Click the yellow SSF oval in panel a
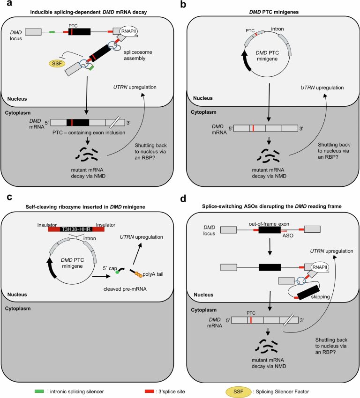coord(57,63)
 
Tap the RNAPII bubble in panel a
coord(129,31)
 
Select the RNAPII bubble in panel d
coord(320,267)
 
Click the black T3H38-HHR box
coord(76,229)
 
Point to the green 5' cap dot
coord(117,272)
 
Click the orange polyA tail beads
coord(138,275)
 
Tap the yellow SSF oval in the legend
coord(238,391)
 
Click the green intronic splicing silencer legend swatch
coord(39,391)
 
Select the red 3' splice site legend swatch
coord(150,391)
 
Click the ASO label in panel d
coord(288,236)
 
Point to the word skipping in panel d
coord(320,297)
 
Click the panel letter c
coord(9,197)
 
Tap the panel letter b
coord(183,4)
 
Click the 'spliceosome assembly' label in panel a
coord(138,55)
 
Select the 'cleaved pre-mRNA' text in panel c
coord(125,289)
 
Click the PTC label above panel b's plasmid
coord(250,30)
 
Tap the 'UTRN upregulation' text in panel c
coord(141,237)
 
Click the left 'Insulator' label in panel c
coord(47,225)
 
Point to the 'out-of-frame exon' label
coord(269,224)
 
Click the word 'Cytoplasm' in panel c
coord(18,309)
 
